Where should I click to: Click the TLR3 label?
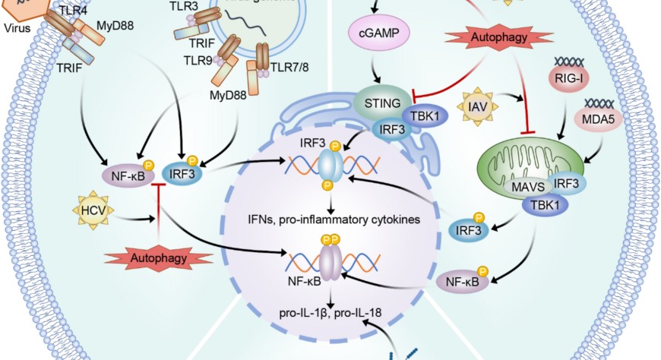(x=185, y=5)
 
